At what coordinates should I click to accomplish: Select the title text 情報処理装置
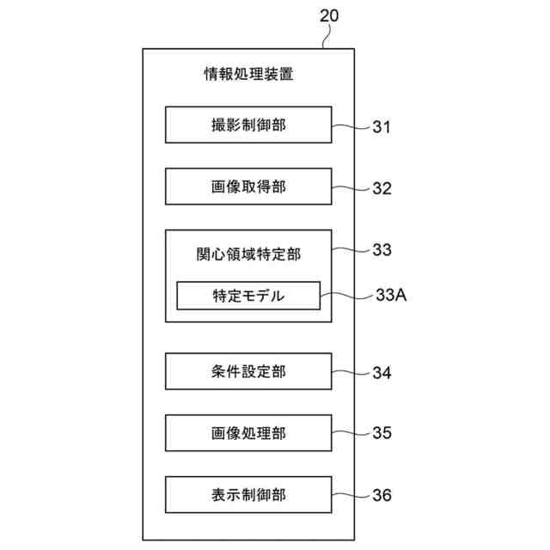coord(248,75)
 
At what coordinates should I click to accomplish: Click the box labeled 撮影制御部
coord(248,125)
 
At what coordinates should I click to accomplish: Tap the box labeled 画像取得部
coord(248,186)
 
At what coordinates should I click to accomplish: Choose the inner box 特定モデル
coord(248,296)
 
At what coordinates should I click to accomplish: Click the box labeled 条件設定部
coord(248,371)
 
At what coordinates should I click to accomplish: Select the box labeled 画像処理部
coord(248,433)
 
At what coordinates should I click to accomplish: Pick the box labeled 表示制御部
coord(248,494)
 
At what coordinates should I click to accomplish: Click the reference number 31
coord(382,128)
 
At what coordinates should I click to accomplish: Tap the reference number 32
coord(382,189)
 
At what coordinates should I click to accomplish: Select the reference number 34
coord(382,373)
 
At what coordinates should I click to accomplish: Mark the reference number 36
coord(382,496)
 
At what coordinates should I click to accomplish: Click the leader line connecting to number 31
coord(351,126)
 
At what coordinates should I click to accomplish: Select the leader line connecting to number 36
coord(351,494)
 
